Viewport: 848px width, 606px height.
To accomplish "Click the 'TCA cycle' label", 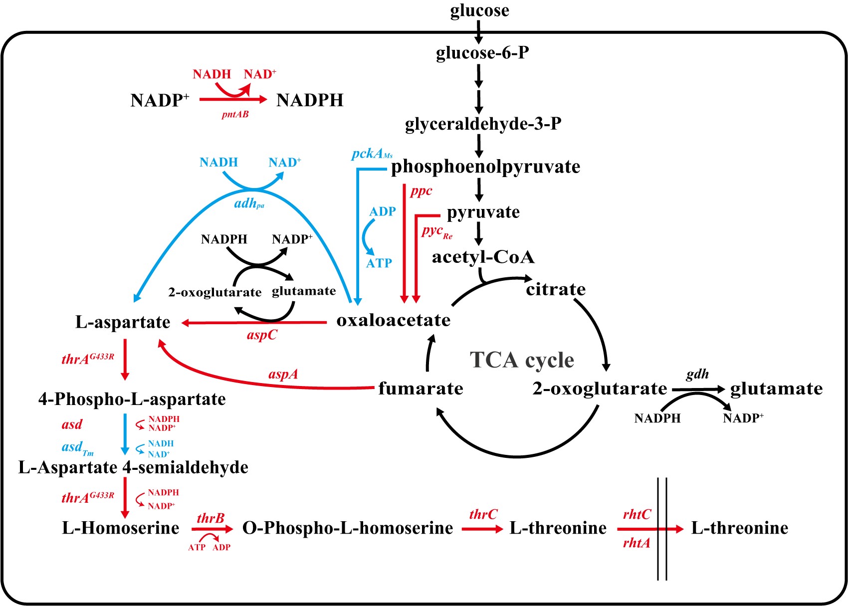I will [x=522, y=360].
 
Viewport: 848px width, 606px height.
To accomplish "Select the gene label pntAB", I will [x=235, y=115].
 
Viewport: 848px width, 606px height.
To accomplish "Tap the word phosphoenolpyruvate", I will [x=485, y=167].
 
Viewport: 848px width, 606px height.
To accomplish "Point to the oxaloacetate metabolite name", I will [x=393, y=320].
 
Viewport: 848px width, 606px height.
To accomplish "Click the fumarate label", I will [x=421, y=388].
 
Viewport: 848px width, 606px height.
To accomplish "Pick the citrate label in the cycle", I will [x=556, y=289].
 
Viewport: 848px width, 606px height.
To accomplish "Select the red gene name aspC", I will [x=262, y=335].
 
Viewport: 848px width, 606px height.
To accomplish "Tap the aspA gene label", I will [x=283, y=374].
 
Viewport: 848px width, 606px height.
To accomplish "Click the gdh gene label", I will [x=697, y=374].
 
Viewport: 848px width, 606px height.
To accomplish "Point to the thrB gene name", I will [x=211, y=518].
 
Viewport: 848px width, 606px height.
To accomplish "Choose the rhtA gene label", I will [x=636, y=543].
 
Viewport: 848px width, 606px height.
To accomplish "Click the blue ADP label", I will [x=383, y=211].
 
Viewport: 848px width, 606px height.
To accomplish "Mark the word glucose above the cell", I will [x=479, y=10].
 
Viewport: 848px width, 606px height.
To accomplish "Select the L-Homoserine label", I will [x=120, y=528].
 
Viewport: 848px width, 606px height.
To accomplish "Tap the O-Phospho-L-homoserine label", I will [x=348, y=528].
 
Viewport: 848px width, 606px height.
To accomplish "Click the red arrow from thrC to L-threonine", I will [x=482, y=529].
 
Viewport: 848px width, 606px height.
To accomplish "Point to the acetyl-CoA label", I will [x=483, y=257].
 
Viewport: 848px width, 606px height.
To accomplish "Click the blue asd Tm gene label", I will [x=77, y=447].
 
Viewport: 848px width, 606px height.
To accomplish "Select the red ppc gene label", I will [x=421, y=191].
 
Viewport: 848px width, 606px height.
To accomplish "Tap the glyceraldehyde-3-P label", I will [x=483, y=124].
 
